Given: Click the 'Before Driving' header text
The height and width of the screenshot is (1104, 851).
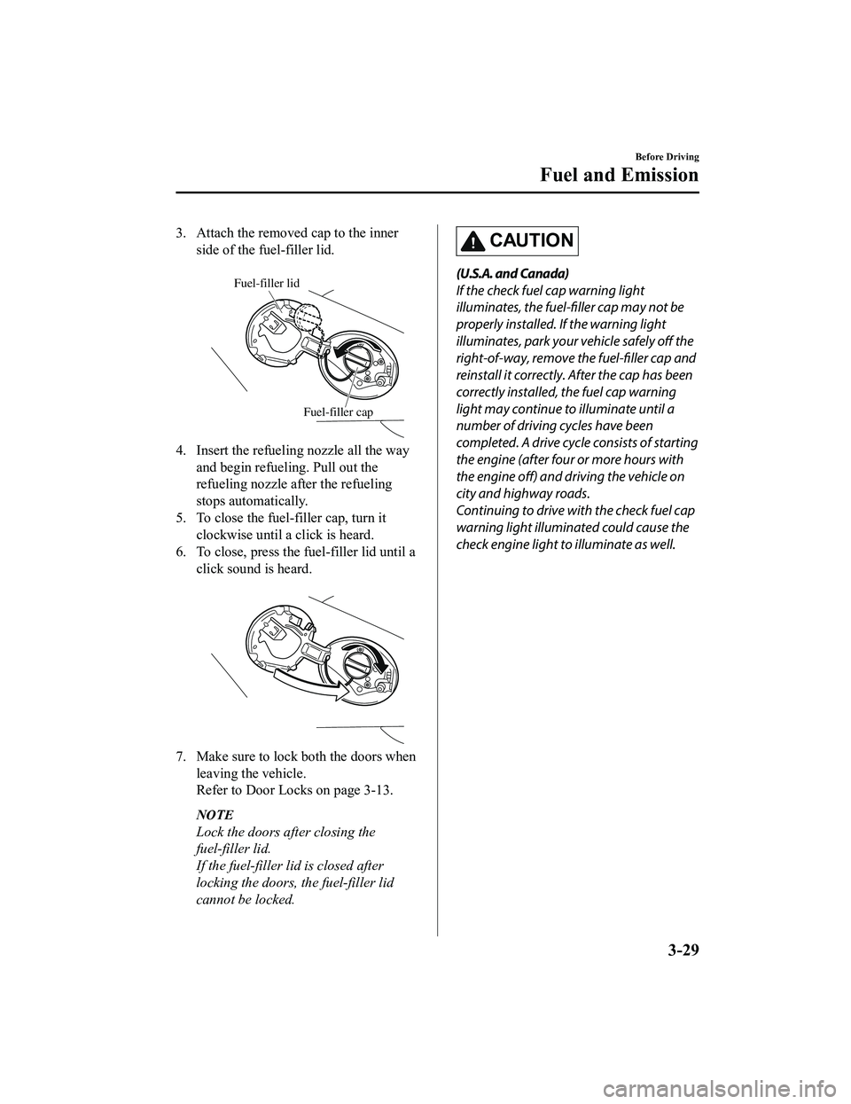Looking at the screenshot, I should pyautogui.click(x=661, y=156).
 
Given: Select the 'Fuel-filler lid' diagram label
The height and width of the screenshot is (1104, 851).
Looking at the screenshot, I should pyautogui.click(x=266, y=283).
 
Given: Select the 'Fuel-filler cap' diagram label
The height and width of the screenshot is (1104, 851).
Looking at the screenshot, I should pyautogui.click(x=338, y=412).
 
